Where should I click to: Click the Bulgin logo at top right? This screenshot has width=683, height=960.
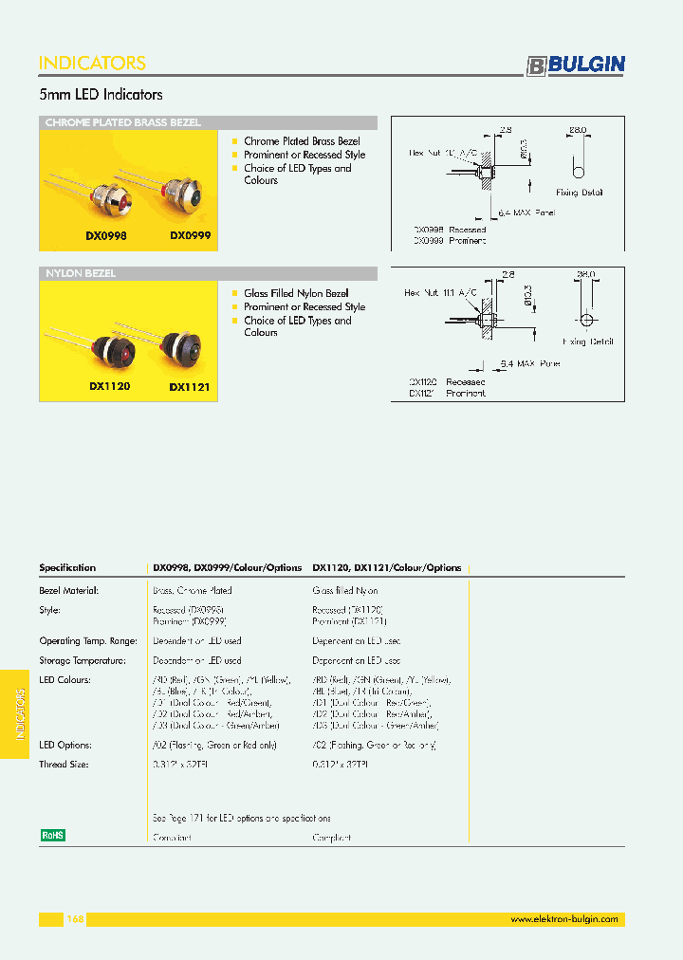point(577,65)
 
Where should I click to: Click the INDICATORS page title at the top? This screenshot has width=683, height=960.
point(92,64)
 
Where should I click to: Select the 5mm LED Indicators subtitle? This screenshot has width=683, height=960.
point(101,95)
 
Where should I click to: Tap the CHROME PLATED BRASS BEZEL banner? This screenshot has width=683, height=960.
point(123,122)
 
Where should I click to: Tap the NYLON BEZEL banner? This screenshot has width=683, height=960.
point(81,274)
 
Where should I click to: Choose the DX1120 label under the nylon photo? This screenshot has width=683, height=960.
point(109,387)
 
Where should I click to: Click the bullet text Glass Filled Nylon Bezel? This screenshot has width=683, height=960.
point(296,294)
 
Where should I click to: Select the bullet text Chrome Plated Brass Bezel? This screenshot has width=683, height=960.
point(302,141)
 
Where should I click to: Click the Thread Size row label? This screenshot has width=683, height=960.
point(64,764)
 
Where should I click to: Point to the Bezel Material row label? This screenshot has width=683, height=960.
point(68,590)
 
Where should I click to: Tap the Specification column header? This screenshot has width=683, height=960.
point(67,568)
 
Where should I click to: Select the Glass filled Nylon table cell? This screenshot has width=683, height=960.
point(345,590)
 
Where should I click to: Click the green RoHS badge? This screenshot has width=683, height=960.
point(52,835)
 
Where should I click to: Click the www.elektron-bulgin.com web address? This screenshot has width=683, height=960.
point(564,919)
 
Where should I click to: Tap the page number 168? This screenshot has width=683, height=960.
point(76,919)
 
